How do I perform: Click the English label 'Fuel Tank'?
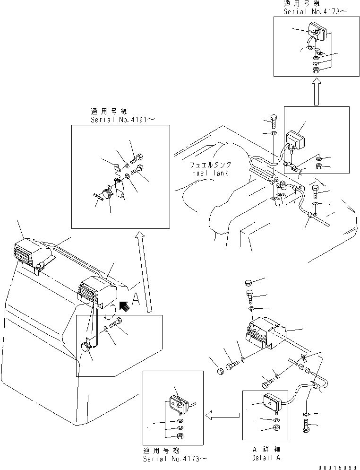point(210,173)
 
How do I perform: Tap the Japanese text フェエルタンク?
point(210,165)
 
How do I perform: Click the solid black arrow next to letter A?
point(125,306)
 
